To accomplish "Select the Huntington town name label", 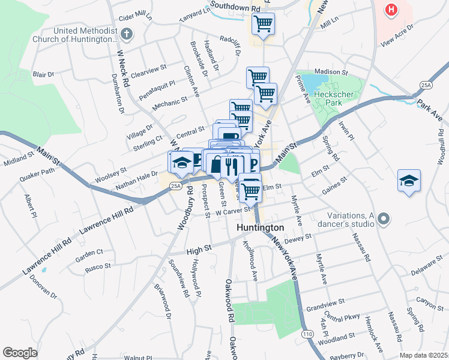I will pyautogui.click(x=260, y=228).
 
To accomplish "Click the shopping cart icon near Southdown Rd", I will pyautogui.click(x=263, y=25).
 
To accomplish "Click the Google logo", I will pyautogui.click(x=20, y=353).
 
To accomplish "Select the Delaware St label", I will pyautogui.click(x=427, y=267).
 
